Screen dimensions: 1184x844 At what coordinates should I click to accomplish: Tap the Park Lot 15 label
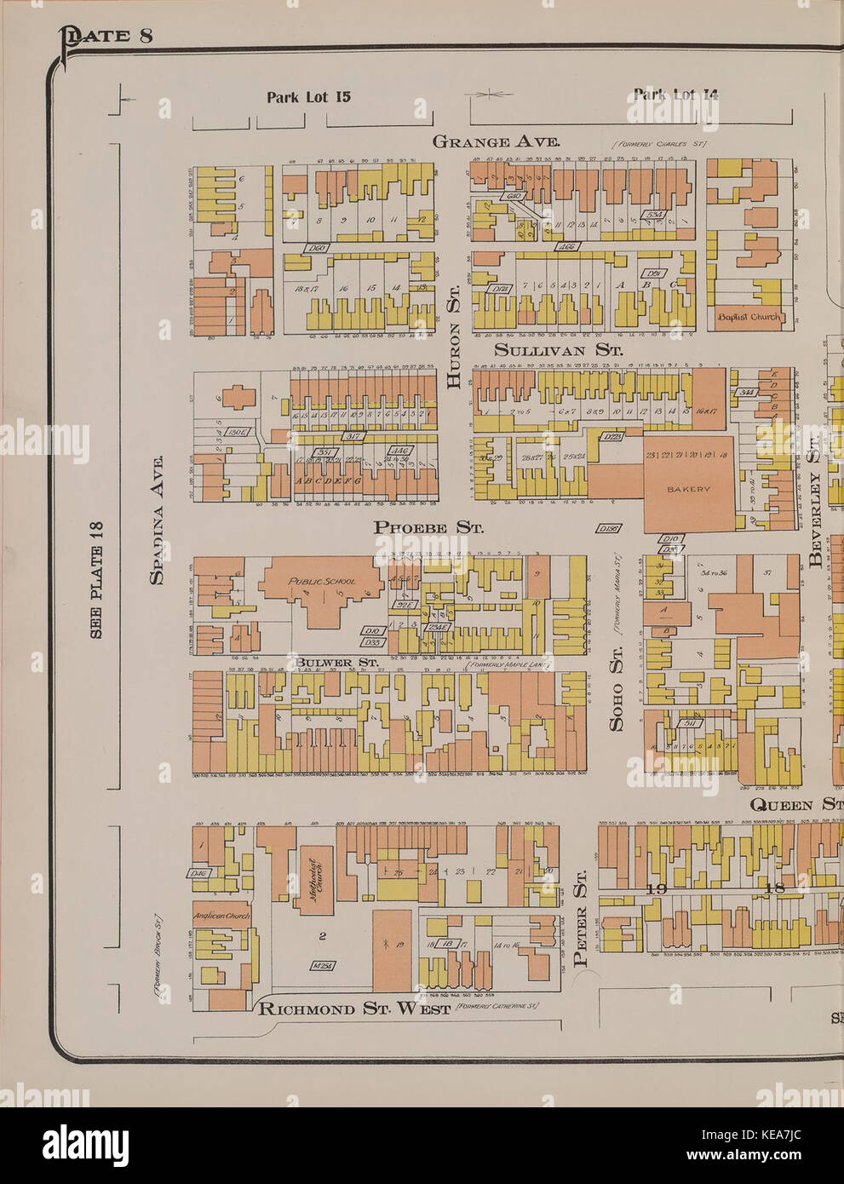(x=308, y=96)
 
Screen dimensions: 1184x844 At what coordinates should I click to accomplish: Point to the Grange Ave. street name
(x=496, y=141)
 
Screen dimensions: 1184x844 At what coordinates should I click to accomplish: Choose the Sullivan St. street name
(x=558, y=350)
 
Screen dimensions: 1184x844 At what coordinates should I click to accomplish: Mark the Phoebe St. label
(x=428, y=527)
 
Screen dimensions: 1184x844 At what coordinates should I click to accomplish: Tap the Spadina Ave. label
(x=156, y=520)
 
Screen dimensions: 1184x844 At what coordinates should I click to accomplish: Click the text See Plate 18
(x=95, y=580)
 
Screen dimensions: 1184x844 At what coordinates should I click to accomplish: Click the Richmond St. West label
(x=353, y=1009)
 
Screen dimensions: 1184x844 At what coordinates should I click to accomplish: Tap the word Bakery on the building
(x=688, y=489)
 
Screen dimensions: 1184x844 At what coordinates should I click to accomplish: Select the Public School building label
(x=321, y=582)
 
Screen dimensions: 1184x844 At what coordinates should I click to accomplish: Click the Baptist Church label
(x=749, y=317)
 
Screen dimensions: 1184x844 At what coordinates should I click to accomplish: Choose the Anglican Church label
(x=221, y=917)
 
